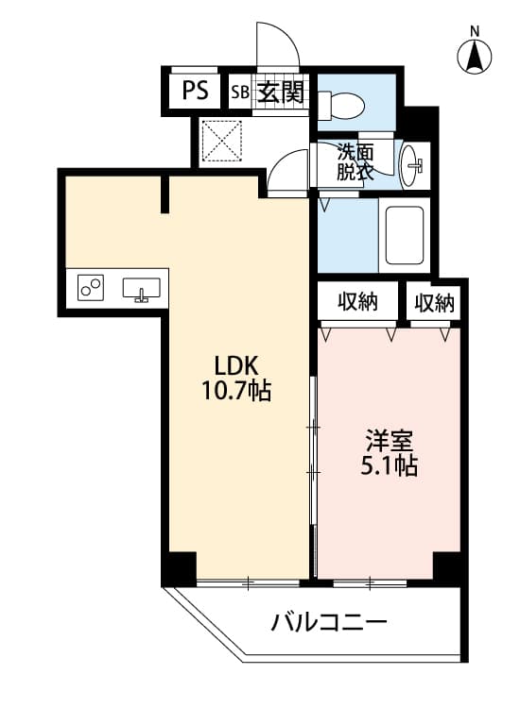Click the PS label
point(196,91)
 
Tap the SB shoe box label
point(240,93)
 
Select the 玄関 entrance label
point(280,93)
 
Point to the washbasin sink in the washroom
point(412,165)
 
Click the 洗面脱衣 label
point(355,162)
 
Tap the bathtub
point(405,235)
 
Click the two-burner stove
point(91,288)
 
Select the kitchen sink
point(141,289)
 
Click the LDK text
point(236,365)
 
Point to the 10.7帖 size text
point(236,391)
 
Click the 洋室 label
point(390,441)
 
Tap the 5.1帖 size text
point(389,465)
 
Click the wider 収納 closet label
point(358,302)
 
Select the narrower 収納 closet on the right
point(435,302)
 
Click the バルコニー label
point(329,623)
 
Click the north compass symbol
point(475,58)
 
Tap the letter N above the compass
point(475,31)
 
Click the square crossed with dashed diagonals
point(221,141)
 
